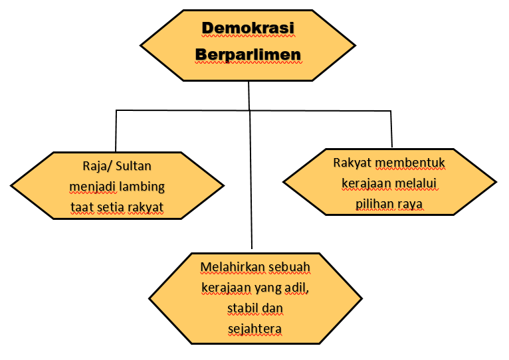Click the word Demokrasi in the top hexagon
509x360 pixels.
tap(248, 29)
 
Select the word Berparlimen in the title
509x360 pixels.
tap(248, 54)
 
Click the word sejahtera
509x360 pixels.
tap(255, 329)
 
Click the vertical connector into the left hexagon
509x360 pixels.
tap(116, 131)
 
